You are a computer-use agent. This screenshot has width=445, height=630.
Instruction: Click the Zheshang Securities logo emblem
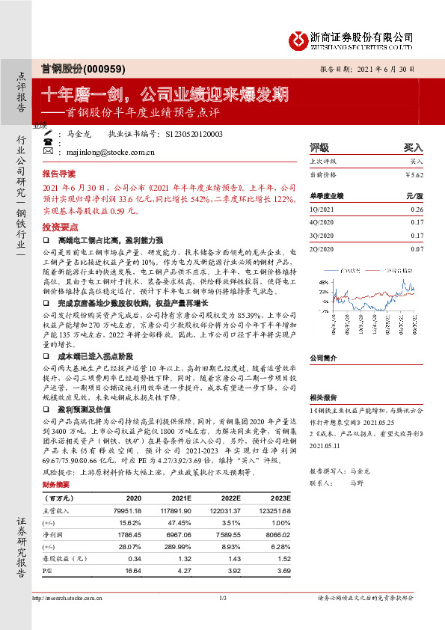[298, 39]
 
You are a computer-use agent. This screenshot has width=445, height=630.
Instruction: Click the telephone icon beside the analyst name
[49, 141]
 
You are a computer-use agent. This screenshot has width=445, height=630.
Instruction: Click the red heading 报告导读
[58, 171]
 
